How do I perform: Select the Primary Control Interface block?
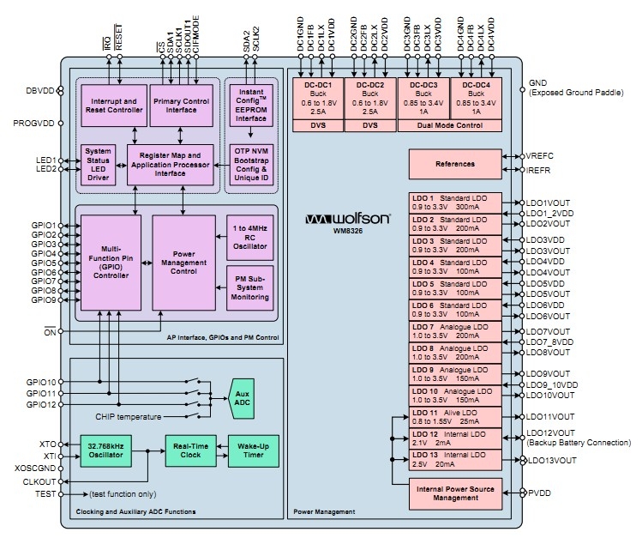183,105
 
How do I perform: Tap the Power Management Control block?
183,261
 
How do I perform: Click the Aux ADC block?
243,398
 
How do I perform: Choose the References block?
454,163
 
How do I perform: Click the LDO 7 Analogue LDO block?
454,331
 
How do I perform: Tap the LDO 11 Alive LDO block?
454,417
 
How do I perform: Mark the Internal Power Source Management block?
454,493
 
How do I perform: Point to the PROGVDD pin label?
34,124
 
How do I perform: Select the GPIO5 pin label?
42,263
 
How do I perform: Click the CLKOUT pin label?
39,482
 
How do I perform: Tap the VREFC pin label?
542,156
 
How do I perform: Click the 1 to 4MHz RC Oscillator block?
249,236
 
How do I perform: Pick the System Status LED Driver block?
98,163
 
